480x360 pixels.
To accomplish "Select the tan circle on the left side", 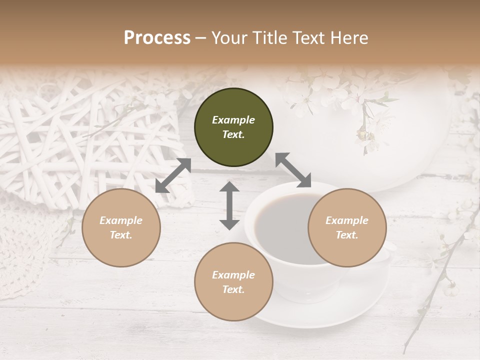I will pos(121,227).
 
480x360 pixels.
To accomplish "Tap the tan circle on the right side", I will pos(347,227).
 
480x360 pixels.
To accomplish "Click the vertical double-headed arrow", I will pos(229,205).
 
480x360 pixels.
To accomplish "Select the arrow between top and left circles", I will pos(173,175).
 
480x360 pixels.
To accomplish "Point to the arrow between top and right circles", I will pos(293,170).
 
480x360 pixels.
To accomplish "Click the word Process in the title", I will pos(157,37).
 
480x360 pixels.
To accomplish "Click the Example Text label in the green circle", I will pos(233,127).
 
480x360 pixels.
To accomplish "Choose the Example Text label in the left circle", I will pos(121,227).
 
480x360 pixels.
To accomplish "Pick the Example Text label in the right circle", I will pos(347,227).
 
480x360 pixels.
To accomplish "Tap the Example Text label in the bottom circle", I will pos(233,282).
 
